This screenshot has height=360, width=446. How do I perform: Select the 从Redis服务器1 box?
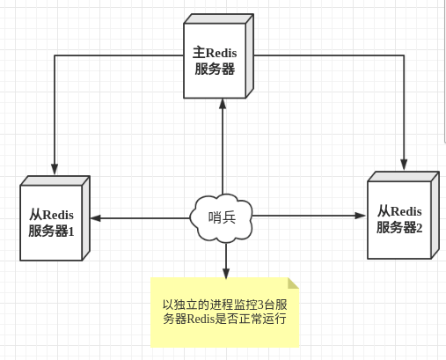[51, 223]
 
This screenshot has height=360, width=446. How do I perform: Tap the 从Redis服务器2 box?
[399, 220]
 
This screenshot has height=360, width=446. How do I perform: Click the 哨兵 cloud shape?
[222, 217]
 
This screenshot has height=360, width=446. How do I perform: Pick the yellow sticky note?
[225, 312]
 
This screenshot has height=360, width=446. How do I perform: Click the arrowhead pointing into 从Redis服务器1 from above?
[55, 169]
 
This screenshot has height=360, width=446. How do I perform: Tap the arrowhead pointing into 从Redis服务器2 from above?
[404, 164]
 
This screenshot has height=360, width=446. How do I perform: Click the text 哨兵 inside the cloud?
[222, 217]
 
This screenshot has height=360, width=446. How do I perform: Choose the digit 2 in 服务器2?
[420, 228]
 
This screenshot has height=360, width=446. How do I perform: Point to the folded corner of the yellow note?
[293, 283]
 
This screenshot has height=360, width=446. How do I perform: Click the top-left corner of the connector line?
[55, 55]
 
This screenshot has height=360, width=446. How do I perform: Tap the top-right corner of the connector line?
[404, 55]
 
